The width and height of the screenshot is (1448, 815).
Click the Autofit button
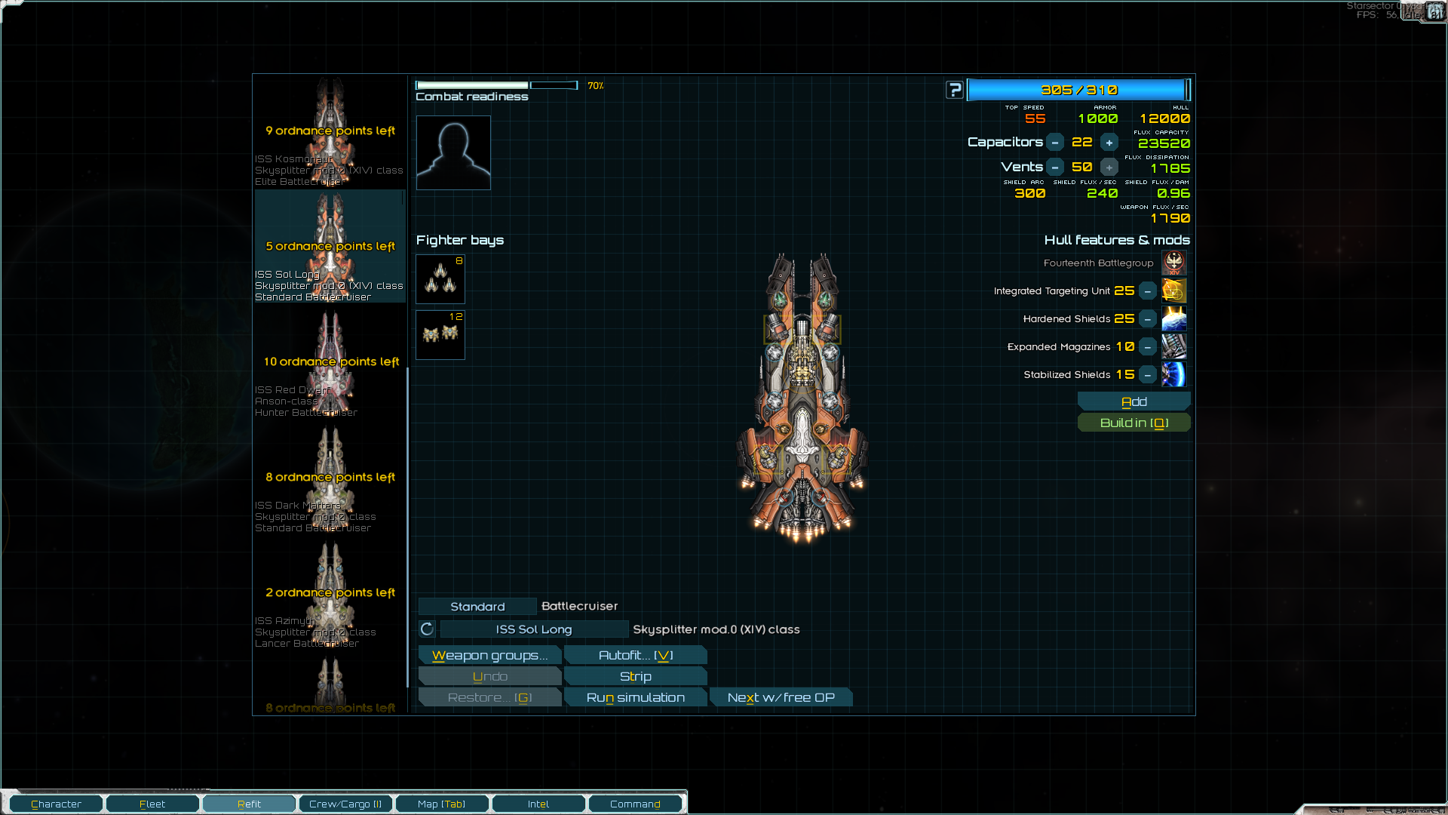tap(635, 655)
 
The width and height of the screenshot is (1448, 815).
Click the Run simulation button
tap(635, 697)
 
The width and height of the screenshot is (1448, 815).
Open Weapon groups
tap(489, 655)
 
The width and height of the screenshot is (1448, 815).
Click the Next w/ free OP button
tap(781, 697)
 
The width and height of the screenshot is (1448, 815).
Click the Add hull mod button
tap(1134, 401)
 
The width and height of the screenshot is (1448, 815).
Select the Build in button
tap(1134, 423)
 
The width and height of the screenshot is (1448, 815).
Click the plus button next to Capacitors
tap(1109, 143)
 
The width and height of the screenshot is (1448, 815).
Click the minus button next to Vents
tap(1055, 168)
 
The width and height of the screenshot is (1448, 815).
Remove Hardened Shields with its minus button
tap(1147, 319)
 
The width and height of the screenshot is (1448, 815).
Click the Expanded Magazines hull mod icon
tap(1173, 347)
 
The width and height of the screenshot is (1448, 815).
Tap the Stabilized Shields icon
tap(1173, 375)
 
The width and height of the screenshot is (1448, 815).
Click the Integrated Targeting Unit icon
tap(1173, 291)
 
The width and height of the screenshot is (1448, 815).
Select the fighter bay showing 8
tap(440, 279)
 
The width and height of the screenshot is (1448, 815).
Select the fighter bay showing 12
tap(440, 335)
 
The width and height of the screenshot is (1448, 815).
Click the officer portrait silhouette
tap(453, 152)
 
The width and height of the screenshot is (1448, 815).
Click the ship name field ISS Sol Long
tap(534, 629)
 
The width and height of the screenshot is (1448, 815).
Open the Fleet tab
tap(152, 804)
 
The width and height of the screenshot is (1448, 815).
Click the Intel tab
tap(538, 804)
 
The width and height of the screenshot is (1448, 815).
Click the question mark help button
tap(955, 91)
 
